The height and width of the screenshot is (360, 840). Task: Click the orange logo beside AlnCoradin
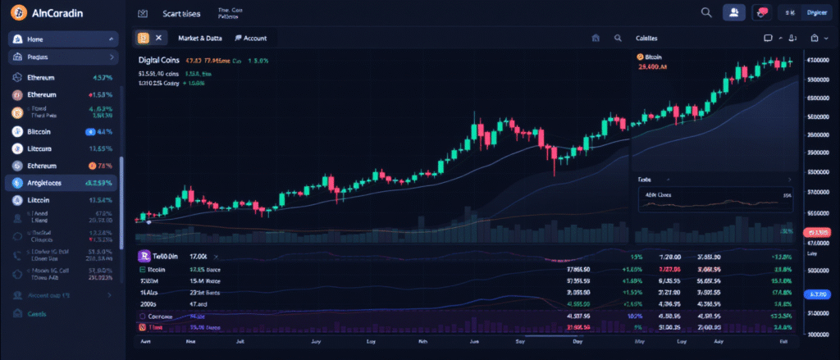tap(15, 13)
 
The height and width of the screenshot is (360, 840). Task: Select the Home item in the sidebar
tap(36, 39)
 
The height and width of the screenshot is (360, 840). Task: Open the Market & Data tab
tap(200, 38)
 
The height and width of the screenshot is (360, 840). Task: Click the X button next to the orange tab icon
tap(159, 38)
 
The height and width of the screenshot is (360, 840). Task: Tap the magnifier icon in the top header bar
tap(706, 12)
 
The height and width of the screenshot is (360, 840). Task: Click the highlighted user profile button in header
tap(733, 12)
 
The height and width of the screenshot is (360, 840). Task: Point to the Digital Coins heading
tap(161, 60)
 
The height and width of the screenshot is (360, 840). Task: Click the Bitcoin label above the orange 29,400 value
tap(653, 57)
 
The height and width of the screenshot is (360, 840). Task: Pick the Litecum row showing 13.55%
tap(41, 148)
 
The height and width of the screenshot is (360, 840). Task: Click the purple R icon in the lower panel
tap(143, 257)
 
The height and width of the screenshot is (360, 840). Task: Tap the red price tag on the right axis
tap(818, 233)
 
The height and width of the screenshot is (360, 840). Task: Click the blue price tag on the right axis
tap(818, 294)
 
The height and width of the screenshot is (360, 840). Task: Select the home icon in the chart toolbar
tap(596, 38)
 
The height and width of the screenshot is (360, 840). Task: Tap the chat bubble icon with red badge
tap(762, 12)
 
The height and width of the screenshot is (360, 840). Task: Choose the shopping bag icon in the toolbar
tap(815, 38)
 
